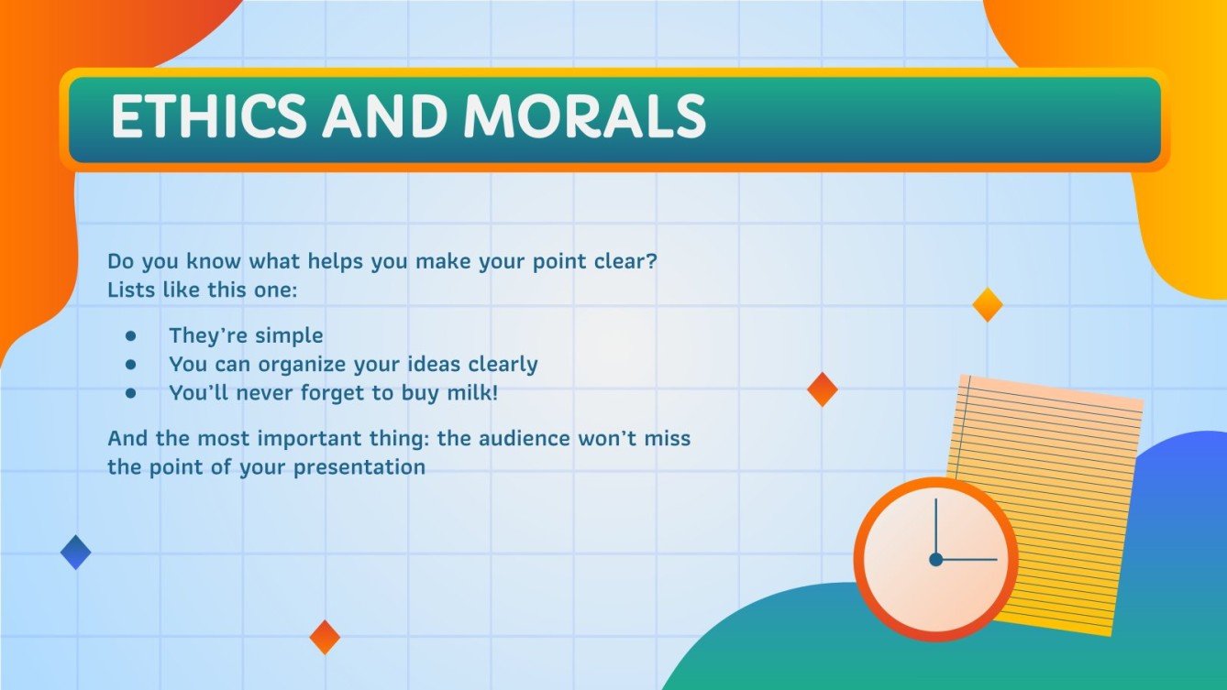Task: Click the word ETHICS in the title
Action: coord(207,117)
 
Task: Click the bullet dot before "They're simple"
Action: coord(131,335)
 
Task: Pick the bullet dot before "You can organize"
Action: coord(131,364)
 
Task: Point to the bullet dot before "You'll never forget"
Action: coord(131,393)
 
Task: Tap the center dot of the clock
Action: coord(935,559)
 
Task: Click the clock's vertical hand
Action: coord(935,527)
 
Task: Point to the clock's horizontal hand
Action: coord(967,559)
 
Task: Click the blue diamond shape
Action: coord(75,553)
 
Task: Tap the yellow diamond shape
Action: coord(987,304)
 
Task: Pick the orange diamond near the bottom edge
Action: coord(325,637)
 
